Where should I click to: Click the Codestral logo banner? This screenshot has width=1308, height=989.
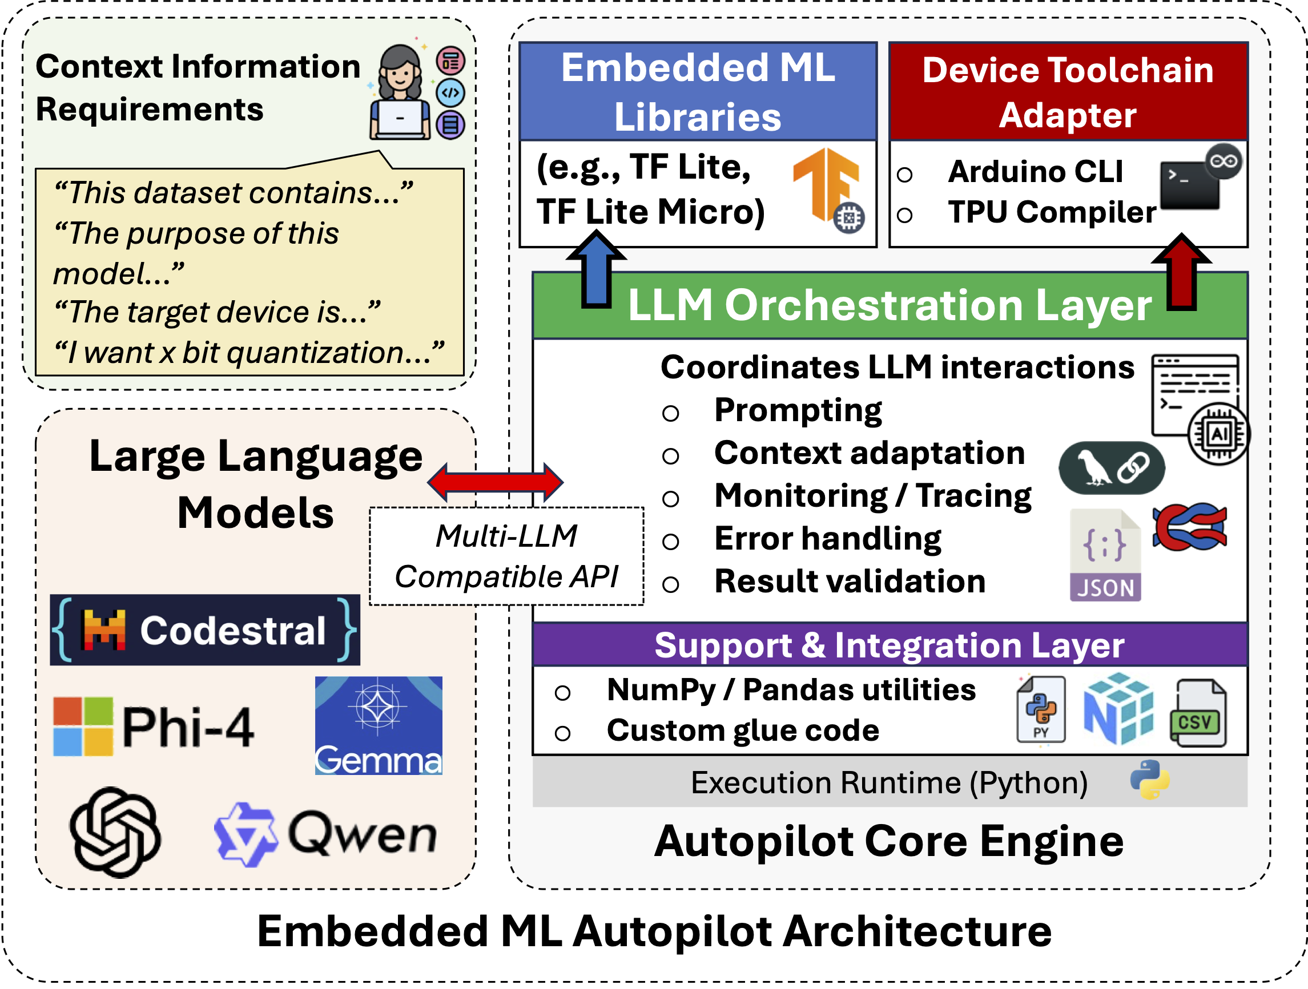point(204,629)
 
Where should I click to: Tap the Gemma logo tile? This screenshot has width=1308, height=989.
point(379,725)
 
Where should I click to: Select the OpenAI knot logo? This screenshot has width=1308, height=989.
point(115,831)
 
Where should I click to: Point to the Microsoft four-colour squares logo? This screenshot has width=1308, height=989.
point(83,726)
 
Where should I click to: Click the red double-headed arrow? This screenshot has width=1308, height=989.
point(496,482)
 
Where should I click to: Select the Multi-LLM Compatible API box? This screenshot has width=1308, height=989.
point(506,556)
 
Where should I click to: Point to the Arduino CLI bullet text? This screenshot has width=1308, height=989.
point(1035,172)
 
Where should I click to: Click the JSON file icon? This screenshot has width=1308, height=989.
point(1105,556)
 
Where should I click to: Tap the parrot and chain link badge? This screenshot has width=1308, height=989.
point(1112,467)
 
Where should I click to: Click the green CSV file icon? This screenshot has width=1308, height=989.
point(1198,713)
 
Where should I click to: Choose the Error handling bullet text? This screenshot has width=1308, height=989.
point(827,539)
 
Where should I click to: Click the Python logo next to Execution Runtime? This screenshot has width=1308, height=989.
point(1149,780)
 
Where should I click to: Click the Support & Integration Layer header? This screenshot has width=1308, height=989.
point(890,645)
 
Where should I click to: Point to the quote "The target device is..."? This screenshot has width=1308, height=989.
point(216,312)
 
